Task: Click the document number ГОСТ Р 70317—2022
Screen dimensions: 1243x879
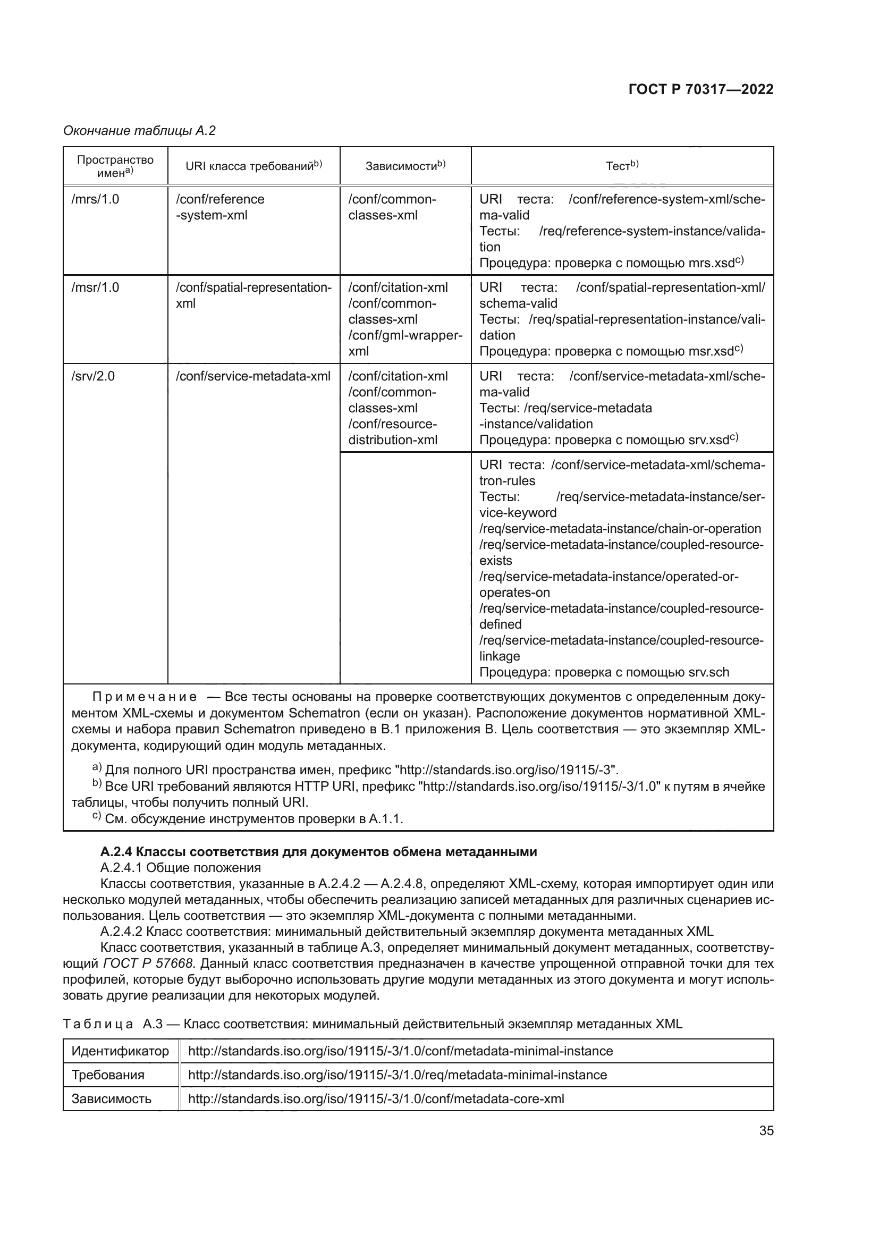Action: [700, 89]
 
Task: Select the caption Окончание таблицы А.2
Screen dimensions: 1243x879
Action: [139, 131]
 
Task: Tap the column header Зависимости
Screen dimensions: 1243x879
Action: [405, 166]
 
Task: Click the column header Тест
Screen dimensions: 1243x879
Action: [621, 166]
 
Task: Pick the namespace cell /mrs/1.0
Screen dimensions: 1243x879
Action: [95, 199]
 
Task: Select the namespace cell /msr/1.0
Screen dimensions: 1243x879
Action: [95, 288]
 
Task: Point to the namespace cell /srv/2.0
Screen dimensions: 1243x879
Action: [93, 376]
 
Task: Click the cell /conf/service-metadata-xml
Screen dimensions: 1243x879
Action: [253, 376]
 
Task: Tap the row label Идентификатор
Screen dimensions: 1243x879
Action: [120, 1051]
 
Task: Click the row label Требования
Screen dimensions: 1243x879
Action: [108, 1075]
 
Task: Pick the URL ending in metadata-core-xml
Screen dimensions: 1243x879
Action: [376, 1098]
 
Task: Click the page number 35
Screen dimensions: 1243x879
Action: [766, 1131]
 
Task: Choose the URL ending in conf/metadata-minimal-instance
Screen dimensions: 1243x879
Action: [400, 1051]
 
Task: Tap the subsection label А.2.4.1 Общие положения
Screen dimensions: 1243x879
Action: [180, 868]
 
